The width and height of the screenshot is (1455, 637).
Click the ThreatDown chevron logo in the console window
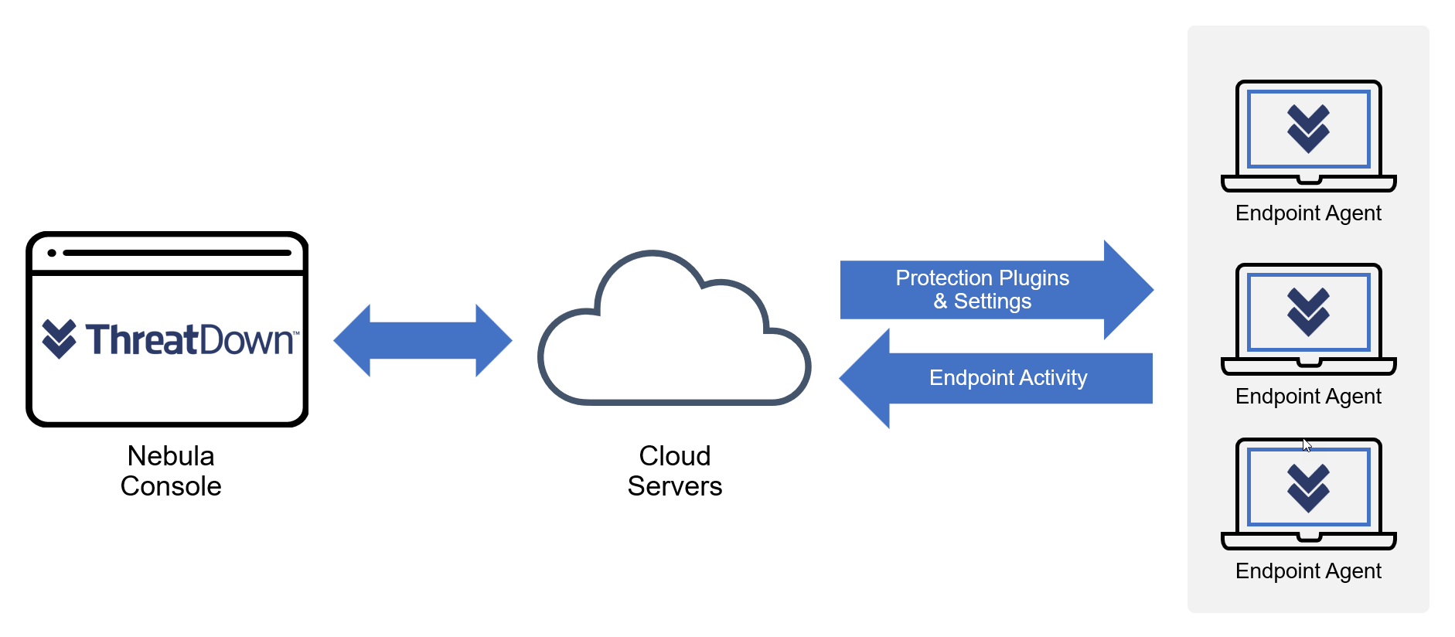tap(59, 339)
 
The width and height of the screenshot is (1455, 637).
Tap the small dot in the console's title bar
tap(52, 253)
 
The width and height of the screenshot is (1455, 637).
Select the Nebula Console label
tap(171, 471)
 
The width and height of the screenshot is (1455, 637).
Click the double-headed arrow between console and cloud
tap(423, 340)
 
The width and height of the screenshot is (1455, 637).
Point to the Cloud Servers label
tap(674, 471)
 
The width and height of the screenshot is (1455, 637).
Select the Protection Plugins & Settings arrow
tap(982, 290)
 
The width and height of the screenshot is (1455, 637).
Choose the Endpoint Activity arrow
tap(1005, 378)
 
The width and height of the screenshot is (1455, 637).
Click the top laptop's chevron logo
tap(1308, 128)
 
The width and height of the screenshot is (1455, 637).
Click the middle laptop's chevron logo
tap(1308, 312)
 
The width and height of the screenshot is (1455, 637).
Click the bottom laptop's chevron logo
tap(1308, 487)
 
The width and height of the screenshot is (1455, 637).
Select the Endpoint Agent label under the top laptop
tap(1308, 213)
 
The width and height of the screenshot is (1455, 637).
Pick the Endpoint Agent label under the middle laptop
tap(1308, 397)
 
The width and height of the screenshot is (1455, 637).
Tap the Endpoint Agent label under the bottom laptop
tap(1308, 571)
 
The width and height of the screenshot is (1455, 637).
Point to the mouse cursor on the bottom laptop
tap(1307, 445)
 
